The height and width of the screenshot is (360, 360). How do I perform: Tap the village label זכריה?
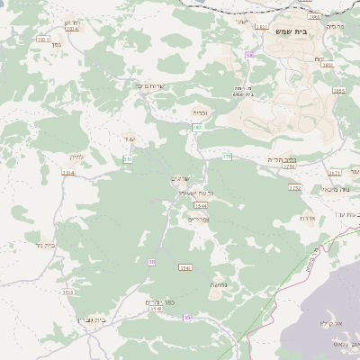click(200, 113)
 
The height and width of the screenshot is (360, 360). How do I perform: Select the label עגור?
click(130, 139)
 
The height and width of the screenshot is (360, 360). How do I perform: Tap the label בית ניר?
click(42, 244)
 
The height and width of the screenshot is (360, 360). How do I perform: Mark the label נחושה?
click(220, 284)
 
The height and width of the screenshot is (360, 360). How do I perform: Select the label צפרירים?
click(197, 219)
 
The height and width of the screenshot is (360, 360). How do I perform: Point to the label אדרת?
click(307, 219)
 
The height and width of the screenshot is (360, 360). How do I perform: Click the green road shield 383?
click(196, 128)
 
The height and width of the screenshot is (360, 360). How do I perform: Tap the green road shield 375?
click(227, 157)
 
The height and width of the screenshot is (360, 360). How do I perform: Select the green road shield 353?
click(128, 159)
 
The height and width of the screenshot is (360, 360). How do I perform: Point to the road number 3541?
click(185, 267)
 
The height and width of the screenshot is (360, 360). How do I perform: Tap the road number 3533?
click(68, 292)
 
